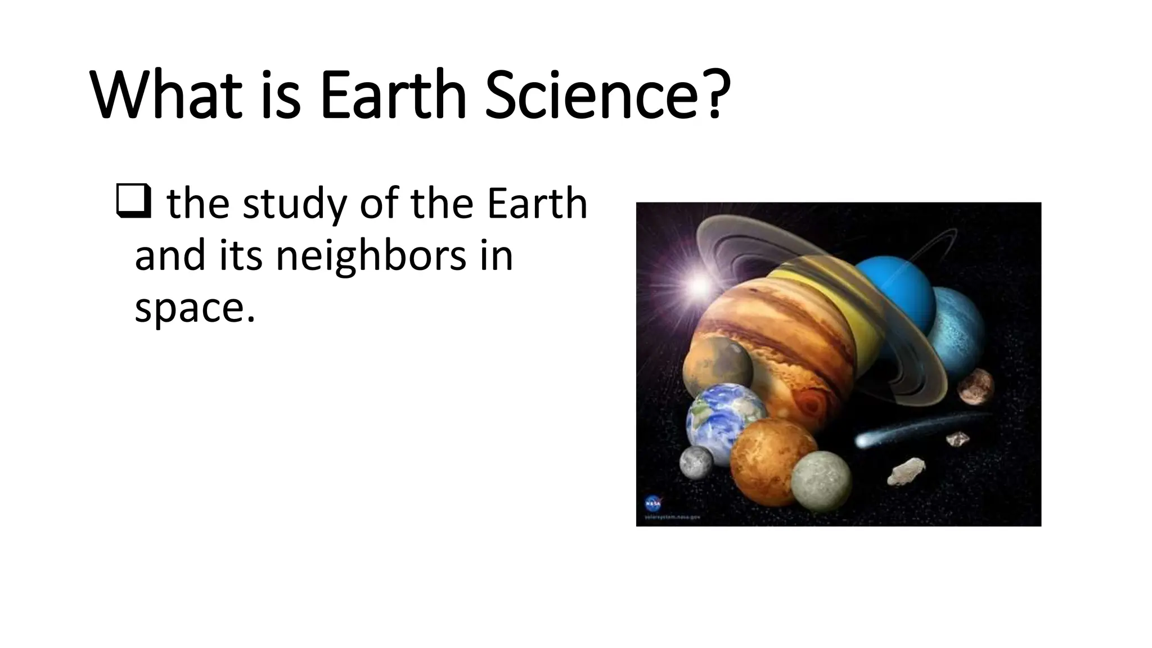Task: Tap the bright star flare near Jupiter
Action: [x=700, y=285]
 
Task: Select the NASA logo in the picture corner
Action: [x=652, y=502]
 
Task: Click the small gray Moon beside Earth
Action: [x=696, y=462]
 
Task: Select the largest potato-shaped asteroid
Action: [x=906, y=470]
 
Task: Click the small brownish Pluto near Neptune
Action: [x=976, y=386]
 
